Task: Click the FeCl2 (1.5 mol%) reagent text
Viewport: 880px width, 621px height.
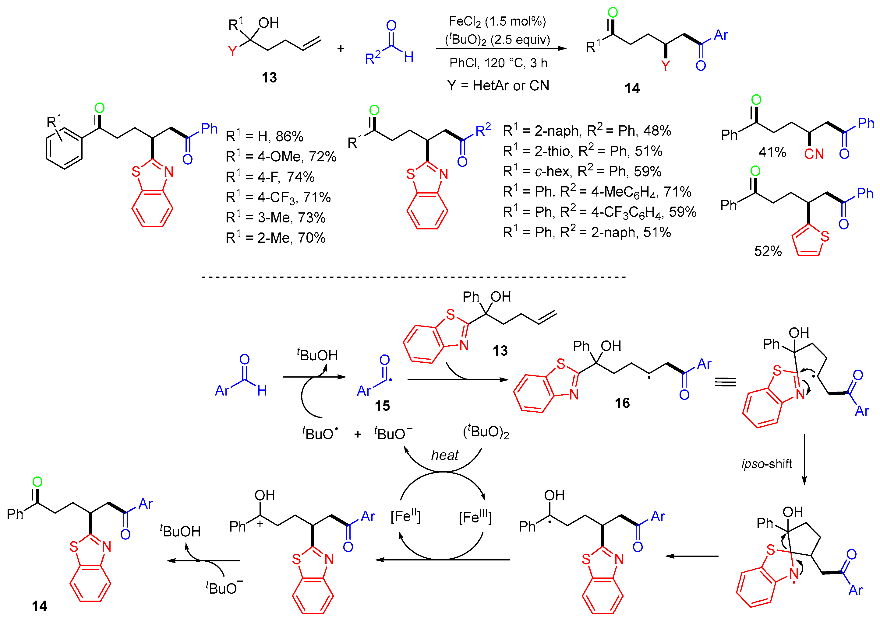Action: pos(497,21)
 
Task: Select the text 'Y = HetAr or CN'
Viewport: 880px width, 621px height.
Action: pos(498,85)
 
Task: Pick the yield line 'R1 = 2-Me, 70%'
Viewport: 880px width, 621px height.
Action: pos(275,238)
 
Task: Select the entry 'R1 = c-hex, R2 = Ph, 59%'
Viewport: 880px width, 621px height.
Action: pos(582,171)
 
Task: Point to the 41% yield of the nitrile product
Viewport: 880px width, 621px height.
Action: pos(772,152)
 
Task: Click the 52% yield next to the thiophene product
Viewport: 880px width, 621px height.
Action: pos(768,251)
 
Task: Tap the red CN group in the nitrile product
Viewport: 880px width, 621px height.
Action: pos(814,154)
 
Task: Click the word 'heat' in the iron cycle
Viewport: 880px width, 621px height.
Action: pos(445,455)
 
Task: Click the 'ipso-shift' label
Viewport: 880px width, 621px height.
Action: pos(767,464)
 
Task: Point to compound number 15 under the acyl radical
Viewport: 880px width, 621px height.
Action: pos(382,406)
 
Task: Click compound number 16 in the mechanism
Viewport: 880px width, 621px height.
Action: pos(622,403)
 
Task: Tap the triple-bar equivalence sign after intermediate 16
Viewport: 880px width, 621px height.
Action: pos(726,382)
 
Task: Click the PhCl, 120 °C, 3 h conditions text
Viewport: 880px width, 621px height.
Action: pos(498,63)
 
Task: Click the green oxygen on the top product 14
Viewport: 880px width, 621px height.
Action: pos(613,13)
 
